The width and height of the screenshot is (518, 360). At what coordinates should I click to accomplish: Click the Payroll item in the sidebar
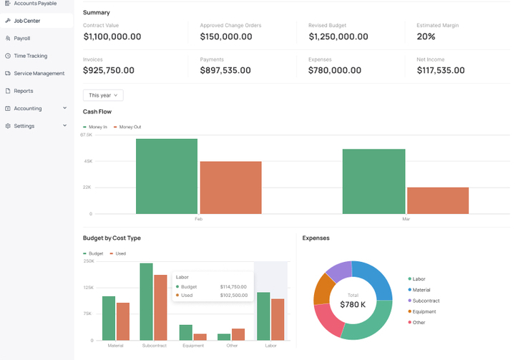coord(21,38)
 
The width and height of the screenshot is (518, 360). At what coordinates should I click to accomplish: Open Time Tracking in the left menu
coord(30,56)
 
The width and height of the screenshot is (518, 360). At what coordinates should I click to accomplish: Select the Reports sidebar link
coord(23,91)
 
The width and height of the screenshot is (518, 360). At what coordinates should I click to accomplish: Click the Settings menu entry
coord(24,126)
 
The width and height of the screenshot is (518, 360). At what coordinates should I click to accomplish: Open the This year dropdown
coord(103,95)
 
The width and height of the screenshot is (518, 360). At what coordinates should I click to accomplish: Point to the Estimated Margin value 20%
coord(426,37)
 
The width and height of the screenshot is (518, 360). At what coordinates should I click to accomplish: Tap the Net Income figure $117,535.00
coord(440,70)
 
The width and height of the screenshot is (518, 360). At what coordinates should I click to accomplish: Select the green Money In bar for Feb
coord(166,176)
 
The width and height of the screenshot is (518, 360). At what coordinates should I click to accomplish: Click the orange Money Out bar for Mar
coord(437,200)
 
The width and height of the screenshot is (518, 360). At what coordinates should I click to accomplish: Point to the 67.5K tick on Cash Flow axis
coord(86,135)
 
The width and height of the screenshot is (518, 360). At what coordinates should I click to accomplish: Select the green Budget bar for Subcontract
coord(146,301)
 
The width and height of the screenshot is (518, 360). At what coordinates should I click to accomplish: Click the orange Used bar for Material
coord(123,321)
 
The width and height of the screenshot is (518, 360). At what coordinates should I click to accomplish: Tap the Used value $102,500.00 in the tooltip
coord(233,295)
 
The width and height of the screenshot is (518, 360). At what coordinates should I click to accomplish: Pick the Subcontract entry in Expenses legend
coord(426,301)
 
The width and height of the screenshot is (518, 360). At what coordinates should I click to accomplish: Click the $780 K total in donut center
coord(353,305)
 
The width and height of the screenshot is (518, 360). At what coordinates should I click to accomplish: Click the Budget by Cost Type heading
coord(112,238)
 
